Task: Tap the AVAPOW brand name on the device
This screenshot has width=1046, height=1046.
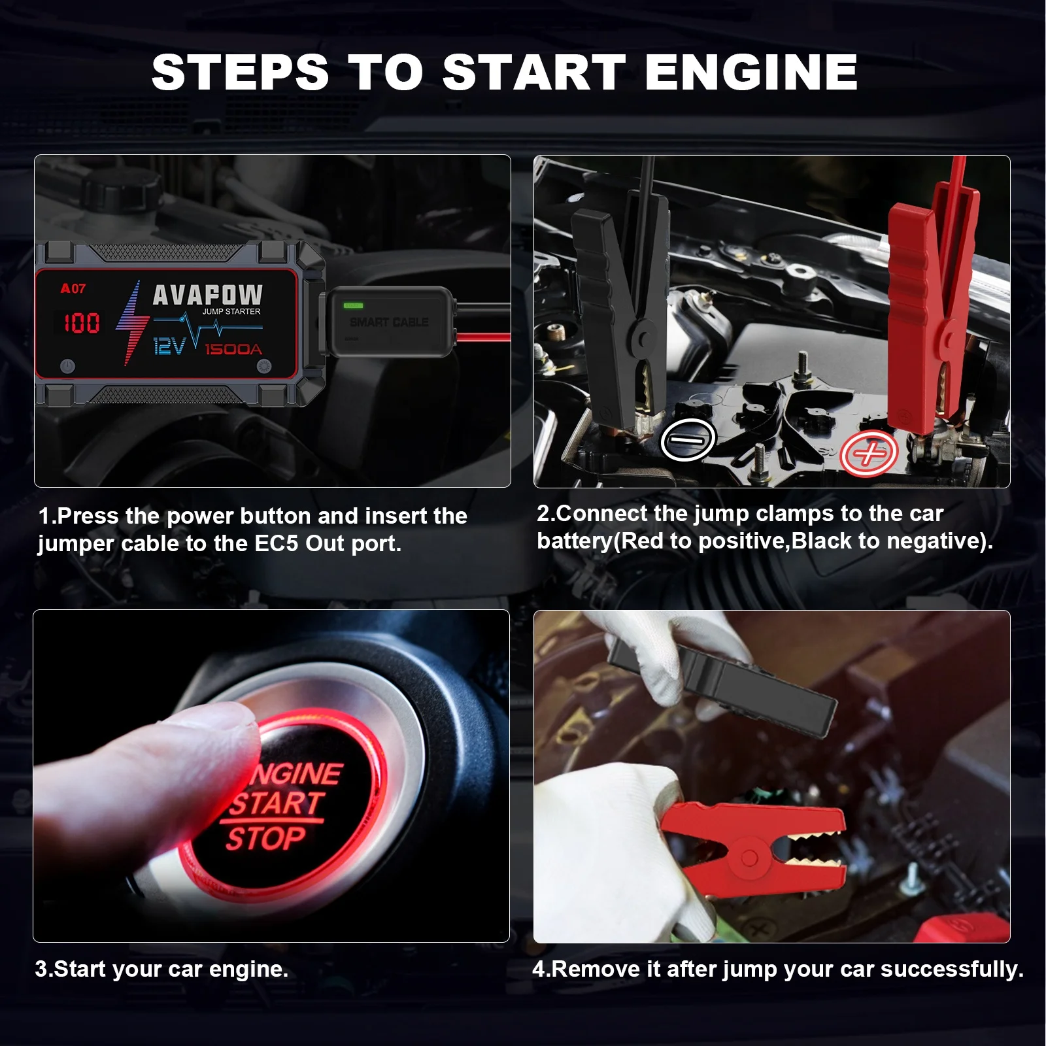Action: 207,295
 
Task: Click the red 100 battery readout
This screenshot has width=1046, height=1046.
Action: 82,323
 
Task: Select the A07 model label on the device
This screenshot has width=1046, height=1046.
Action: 73,288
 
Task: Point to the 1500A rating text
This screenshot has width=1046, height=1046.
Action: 233,350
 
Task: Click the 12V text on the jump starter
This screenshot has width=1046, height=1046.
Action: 169,346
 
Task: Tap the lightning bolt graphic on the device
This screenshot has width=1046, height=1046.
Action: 131,322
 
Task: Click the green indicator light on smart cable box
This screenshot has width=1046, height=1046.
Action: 353,305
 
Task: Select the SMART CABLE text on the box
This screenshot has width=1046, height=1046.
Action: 389,322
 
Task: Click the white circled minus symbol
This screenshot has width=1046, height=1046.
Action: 687,440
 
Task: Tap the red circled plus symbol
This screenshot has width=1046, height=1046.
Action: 868,453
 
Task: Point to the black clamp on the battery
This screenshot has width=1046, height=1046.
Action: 621,307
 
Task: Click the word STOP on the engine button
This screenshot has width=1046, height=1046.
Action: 265,838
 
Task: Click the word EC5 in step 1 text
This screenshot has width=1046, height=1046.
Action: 277,543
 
